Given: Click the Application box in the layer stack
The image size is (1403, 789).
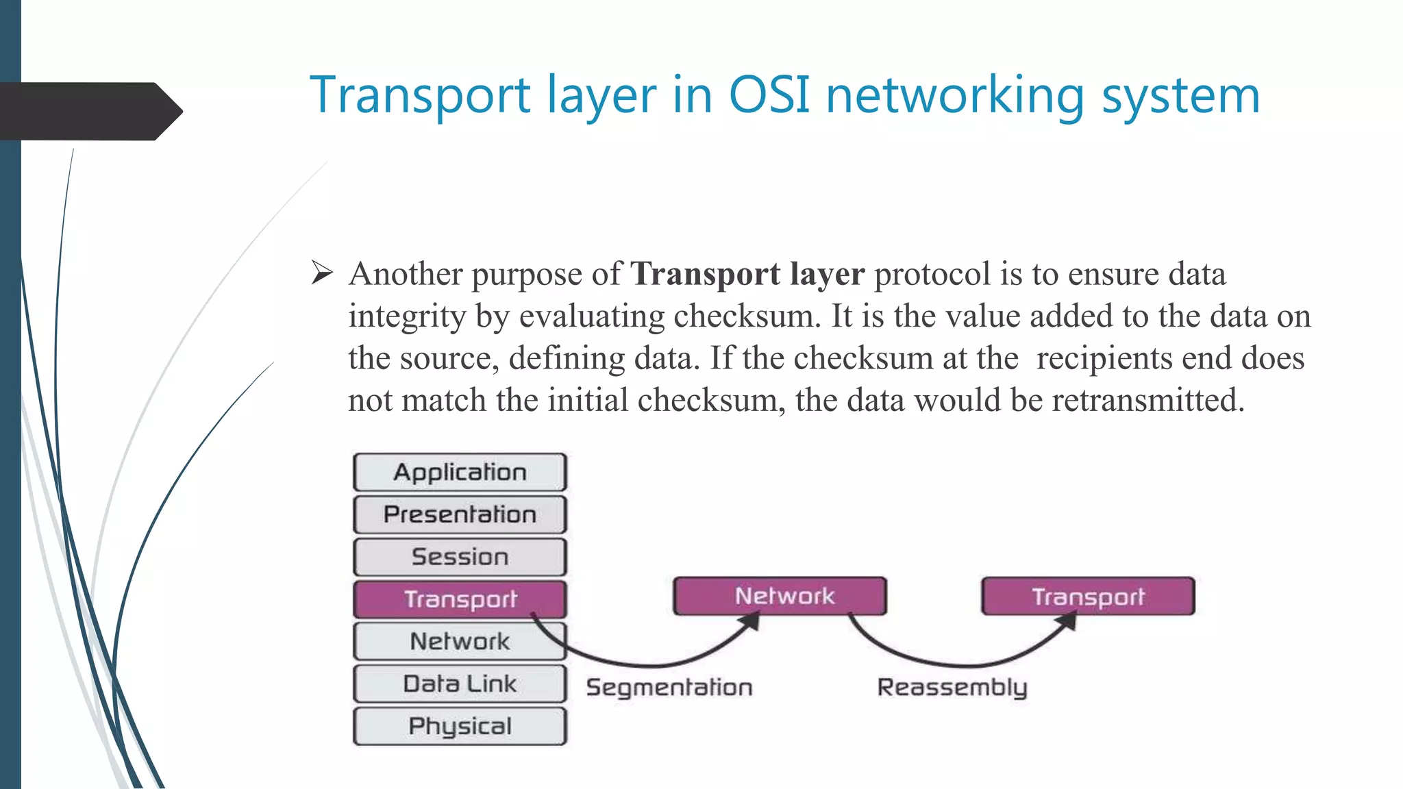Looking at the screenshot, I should tap(460, 473).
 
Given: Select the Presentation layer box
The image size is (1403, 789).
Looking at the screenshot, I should tap(460, 514).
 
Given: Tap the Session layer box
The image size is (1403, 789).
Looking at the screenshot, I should tap(460, 557).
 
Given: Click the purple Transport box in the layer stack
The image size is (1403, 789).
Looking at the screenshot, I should tap(460, 599).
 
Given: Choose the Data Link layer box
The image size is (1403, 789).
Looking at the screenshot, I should tap(460, 684).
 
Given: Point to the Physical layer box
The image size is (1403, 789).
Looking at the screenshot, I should tap(460, 726).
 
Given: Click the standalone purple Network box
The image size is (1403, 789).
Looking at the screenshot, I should tap(780, 596).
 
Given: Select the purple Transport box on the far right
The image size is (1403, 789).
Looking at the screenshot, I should tap(1088, 596).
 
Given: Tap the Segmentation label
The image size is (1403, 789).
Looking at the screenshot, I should tap(669, 687).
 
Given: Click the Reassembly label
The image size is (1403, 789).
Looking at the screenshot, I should tap(952, 687).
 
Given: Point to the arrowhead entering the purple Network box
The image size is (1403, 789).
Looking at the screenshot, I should tap(752, 621).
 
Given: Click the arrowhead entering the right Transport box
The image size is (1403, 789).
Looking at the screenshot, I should tap(1067, 621).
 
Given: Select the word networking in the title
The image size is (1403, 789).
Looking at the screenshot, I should tap(955, 96).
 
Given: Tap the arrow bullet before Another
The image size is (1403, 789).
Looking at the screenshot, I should tap(321, 273).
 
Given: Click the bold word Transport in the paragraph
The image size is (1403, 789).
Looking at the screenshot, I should tap(704, 274).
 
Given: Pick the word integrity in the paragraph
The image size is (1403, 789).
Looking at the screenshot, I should tap(406, 317).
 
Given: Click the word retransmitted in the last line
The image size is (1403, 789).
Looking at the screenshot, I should tap(1147, 401).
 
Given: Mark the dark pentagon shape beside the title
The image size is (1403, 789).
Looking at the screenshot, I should tap(89, 111).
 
